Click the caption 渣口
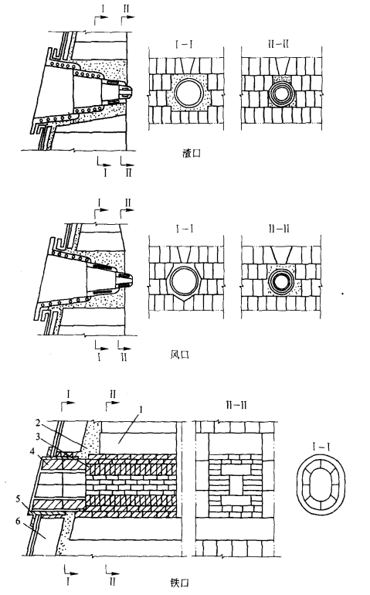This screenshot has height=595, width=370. [192, 154]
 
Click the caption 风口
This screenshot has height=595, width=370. [179, 355]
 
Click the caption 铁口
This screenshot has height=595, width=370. [179, 583]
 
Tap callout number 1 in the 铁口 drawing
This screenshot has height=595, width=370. [141, 410]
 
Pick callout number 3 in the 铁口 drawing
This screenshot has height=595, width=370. [39, 437]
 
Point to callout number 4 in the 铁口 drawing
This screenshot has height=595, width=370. [34, 451]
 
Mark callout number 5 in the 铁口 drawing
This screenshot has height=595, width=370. [18, 498]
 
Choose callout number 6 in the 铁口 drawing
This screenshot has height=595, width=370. [18, 521]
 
